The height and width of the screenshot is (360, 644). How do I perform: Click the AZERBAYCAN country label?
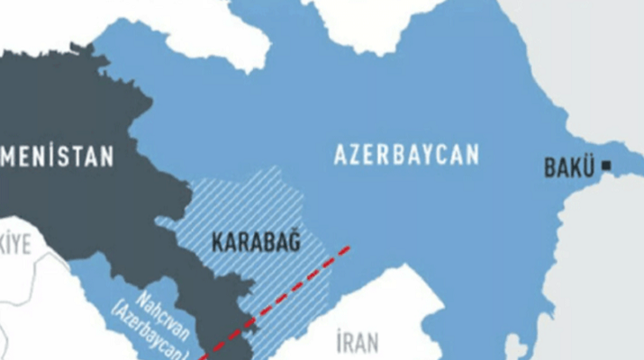pos(406,154)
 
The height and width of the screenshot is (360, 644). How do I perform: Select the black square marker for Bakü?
pos(608,166)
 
